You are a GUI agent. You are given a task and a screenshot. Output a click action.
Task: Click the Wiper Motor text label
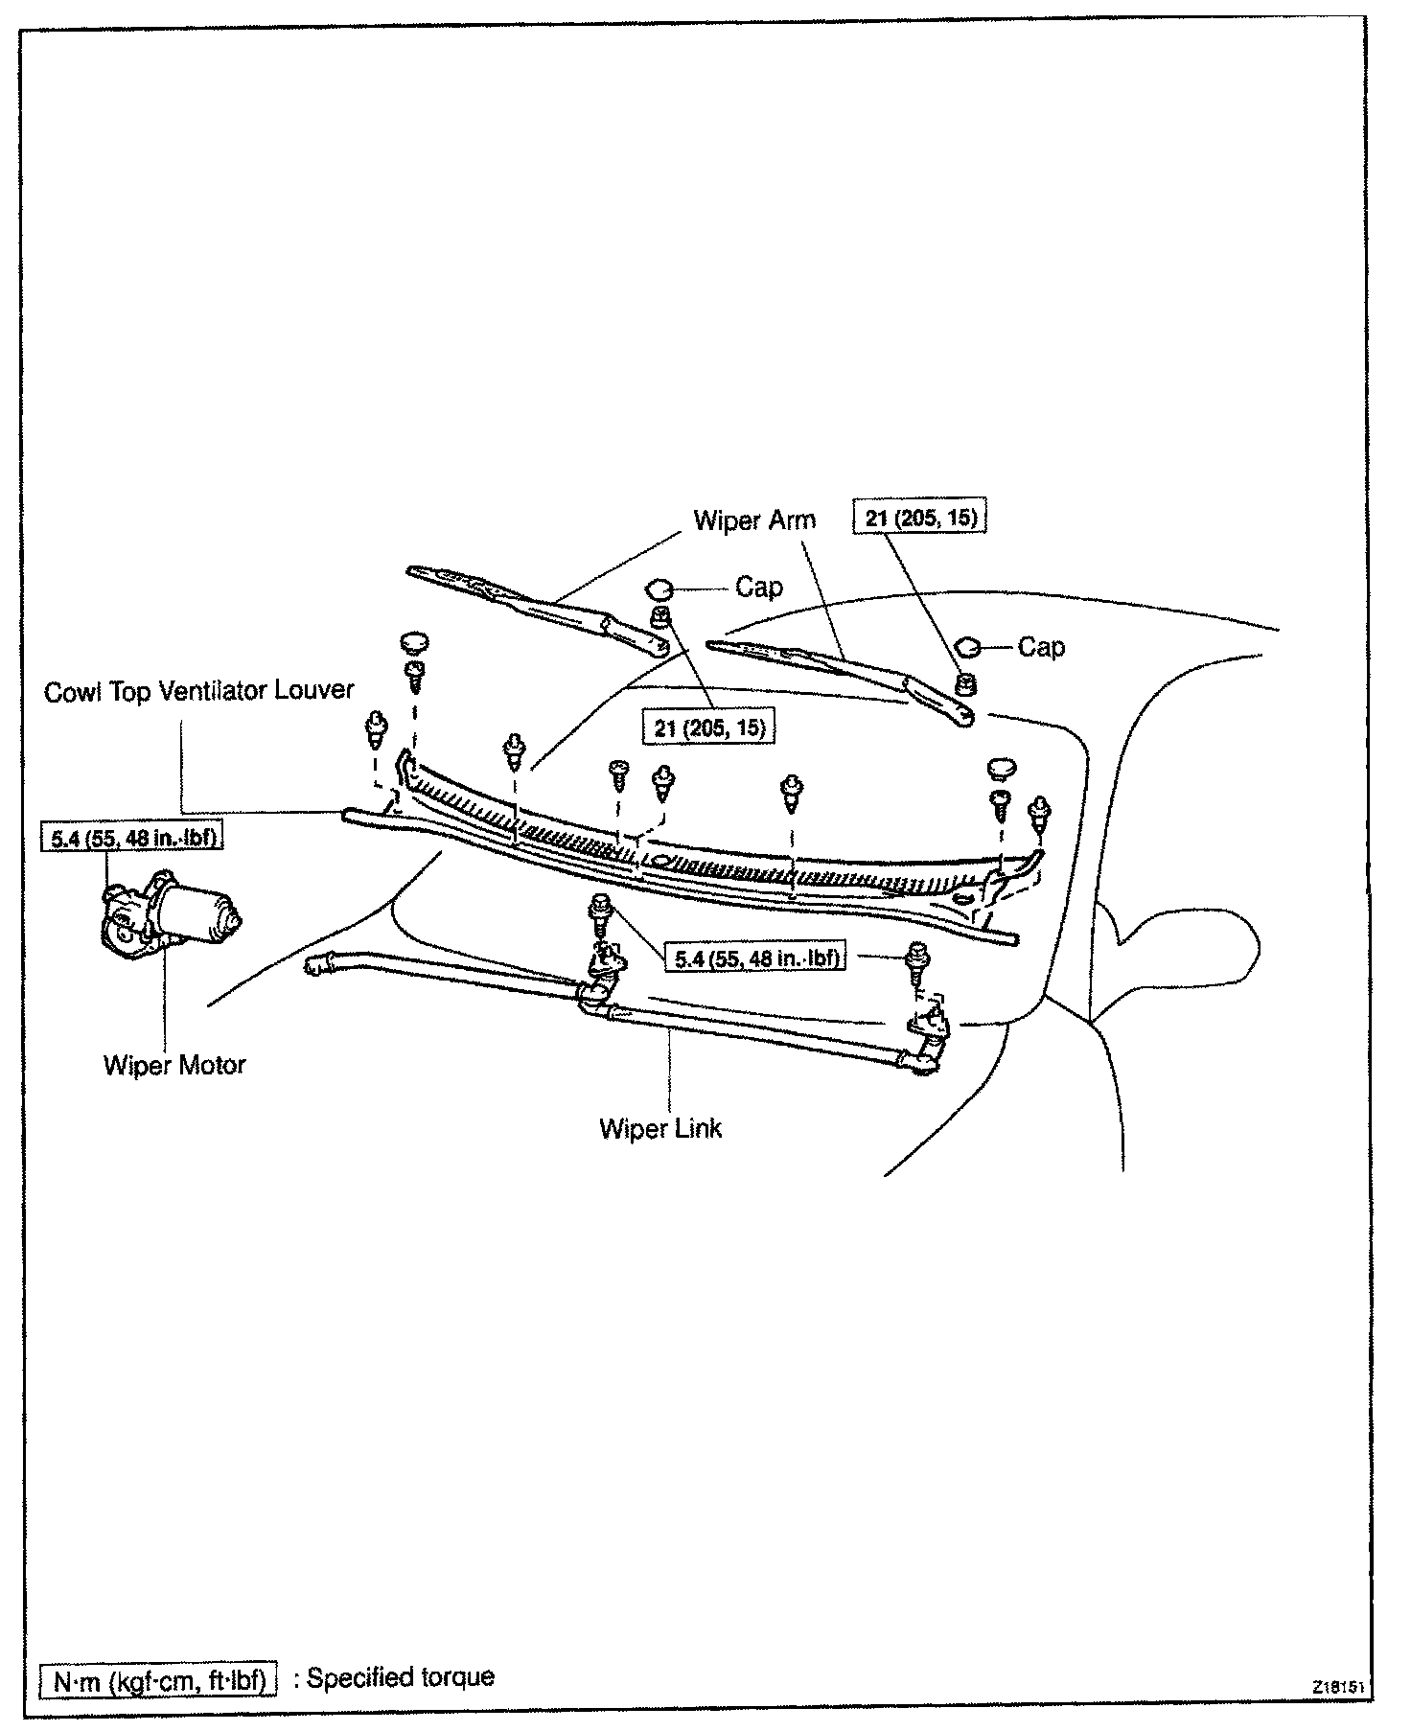pos(174,1065)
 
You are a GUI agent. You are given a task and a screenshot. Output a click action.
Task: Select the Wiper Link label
pos(660,1128)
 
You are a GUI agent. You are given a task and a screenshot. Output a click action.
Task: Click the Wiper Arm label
pos(754,520)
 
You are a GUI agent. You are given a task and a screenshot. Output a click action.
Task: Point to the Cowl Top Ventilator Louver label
pos(199,690)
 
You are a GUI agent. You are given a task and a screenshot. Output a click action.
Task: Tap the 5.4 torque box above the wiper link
pos(756,957)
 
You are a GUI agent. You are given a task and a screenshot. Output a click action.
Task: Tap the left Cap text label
pos(759,588)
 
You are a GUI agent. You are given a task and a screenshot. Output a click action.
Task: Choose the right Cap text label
pos(1041,648)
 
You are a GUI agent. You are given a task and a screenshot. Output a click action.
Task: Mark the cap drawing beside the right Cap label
pos(968,647)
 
